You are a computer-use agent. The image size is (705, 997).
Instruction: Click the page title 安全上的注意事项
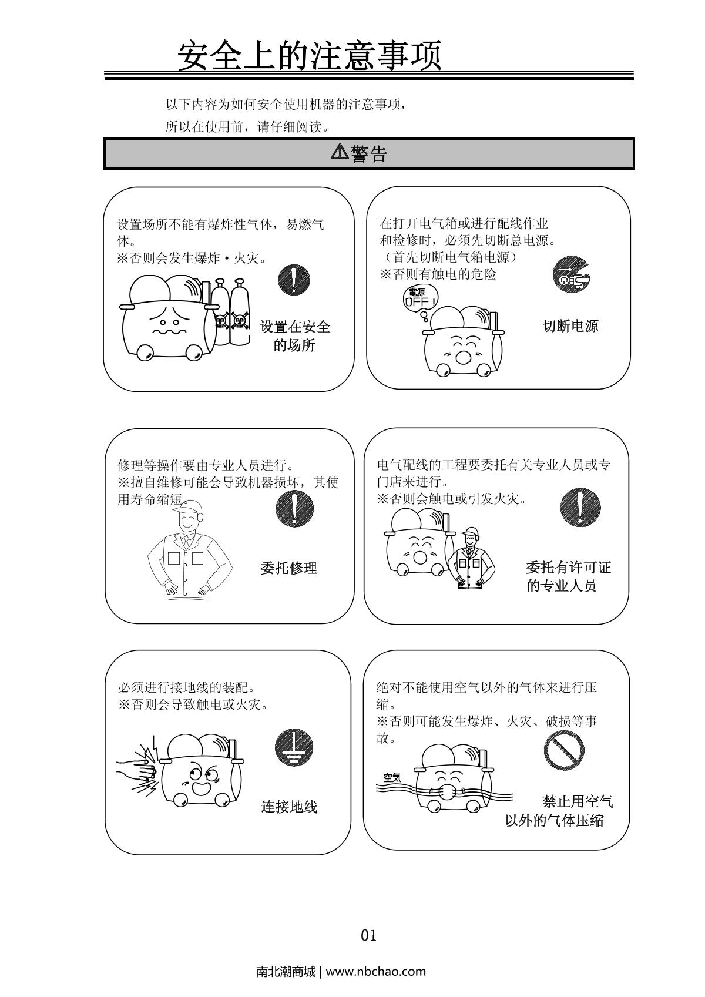coord(310,56)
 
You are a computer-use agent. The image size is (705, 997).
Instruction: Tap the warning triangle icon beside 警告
coord(340,152)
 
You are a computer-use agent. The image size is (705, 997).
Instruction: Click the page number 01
coord(368,935)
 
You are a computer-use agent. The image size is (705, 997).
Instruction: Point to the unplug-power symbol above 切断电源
coord(572,274)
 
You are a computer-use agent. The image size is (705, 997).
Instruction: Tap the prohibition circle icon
coord(564,750)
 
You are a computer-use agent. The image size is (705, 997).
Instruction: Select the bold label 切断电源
coord(570,326)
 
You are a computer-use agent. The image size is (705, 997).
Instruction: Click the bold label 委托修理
coord(289,568)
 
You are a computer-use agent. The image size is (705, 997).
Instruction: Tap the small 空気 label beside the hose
coord(392,778)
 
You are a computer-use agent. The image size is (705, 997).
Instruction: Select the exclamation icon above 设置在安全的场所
coord(293,279)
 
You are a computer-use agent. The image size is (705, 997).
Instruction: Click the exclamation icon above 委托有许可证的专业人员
coord(580,507)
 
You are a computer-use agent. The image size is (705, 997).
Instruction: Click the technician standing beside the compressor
coord(471,558)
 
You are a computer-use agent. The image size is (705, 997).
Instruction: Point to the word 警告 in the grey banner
coord(368,153)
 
